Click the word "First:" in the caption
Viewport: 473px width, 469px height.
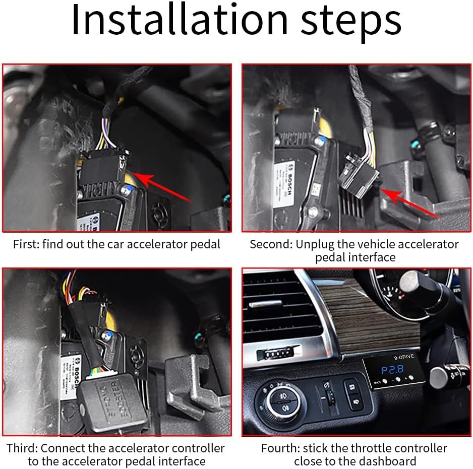[26, 245]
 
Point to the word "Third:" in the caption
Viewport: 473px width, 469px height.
[22, 448]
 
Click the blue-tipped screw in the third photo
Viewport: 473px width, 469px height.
[107, 334]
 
